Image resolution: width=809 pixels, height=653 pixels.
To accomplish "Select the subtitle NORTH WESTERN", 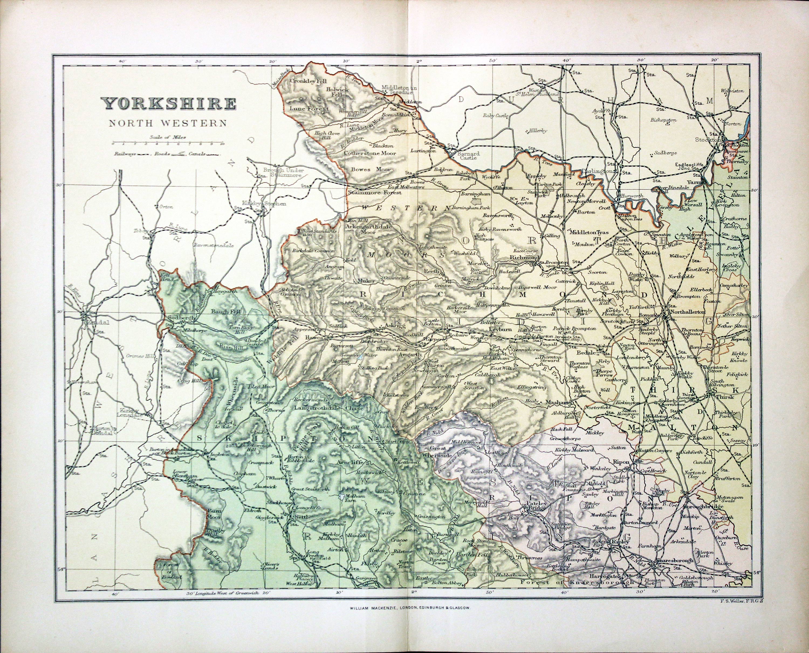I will click(168, 123).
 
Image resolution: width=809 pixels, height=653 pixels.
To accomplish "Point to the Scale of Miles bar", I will click(168, 143).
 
